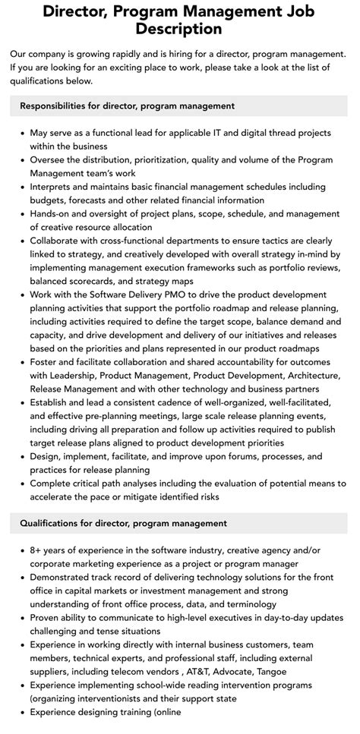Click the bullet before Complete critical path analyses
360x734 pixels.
21,483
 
